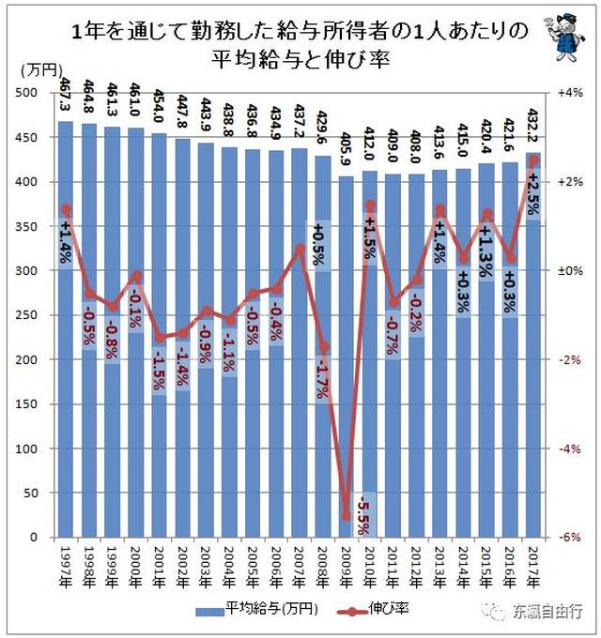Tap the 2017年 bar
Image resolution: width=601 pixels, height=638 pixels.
click(x=532, y=375)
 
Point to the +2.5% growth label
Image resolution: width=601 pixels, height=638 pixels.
click(x=533, y=191)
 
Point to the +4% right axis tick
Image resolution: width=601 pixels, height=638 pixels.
click(x=570, y=92)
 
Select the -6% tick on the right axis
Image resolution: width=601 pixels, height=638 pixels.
click(x=570, y=538)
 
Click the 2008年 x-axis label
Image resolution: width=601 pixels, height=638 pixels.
click(x=323, y=563)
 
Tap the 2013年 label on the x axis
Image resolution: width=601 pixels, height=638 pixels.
click(x=439, y=563)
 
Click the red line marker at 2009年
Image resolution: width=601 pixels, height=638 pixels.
click(x=346, y=515)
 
